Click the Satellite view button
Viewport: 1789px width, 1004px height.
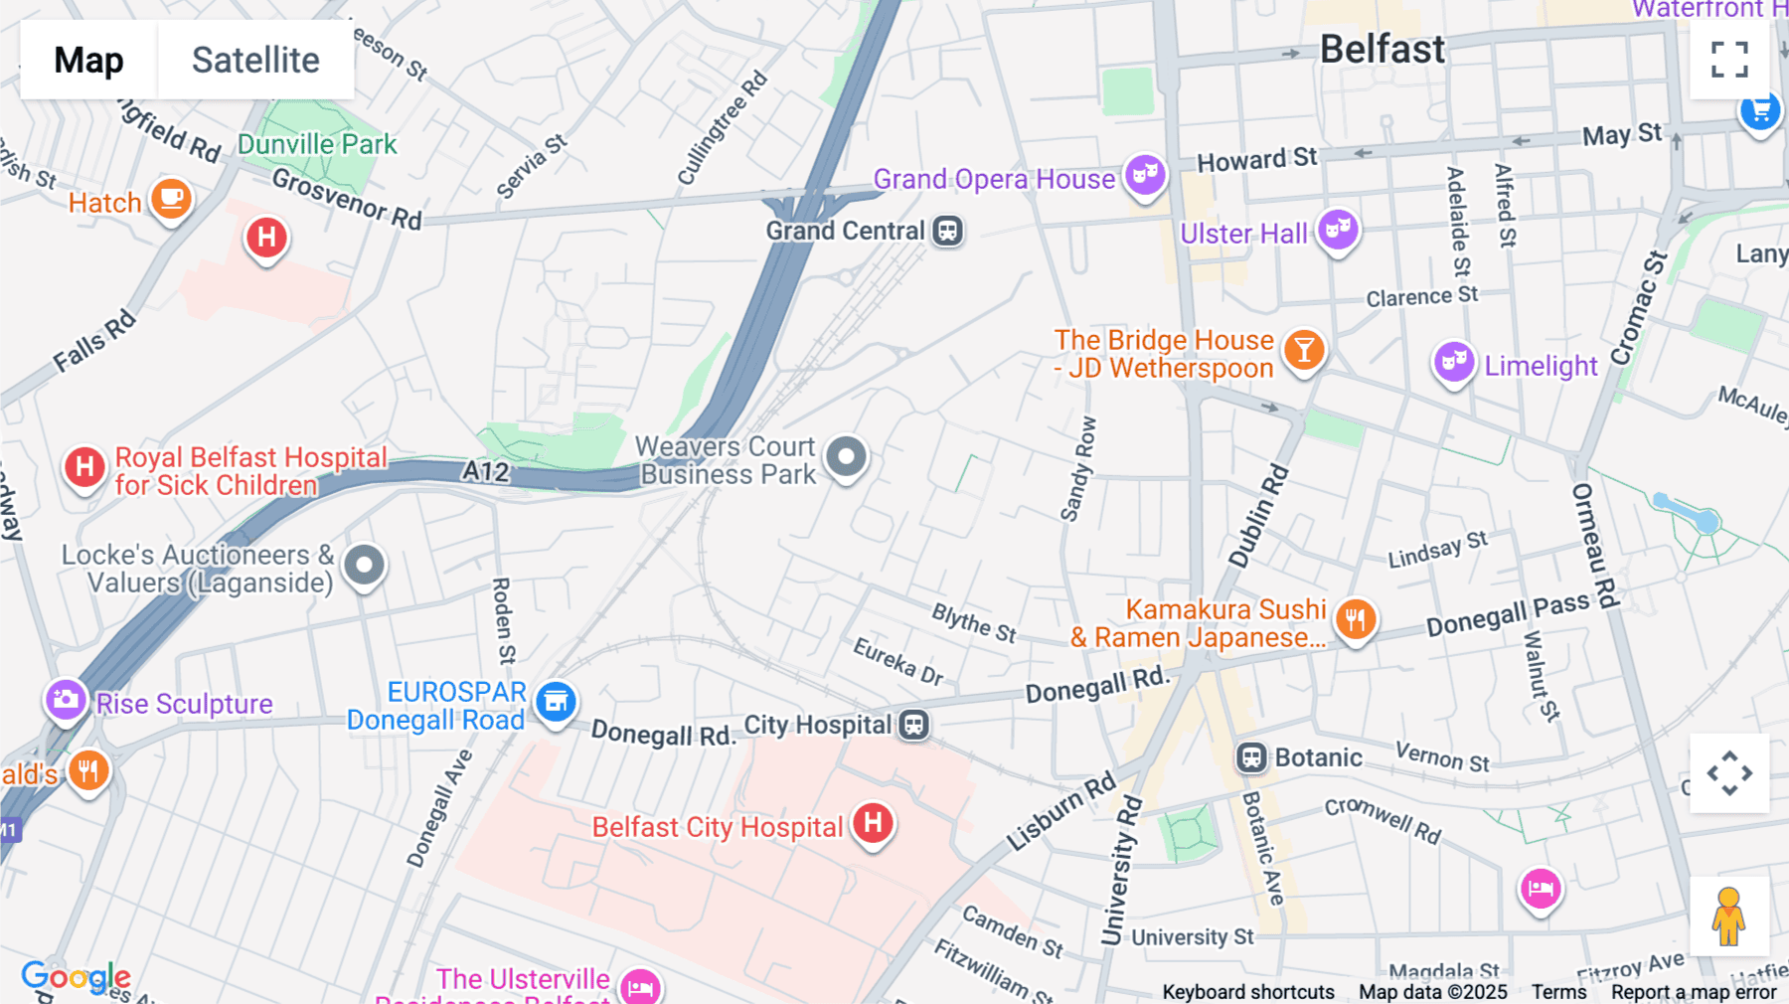255,60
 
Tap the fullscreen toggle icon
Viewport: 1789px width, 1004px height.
1729,60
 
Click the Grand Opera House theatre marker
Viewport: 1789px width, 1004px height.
1145,176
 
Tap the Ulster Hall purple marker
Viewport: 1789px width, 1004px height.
1338,231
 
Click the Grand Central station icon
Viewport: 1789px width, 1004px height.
947,231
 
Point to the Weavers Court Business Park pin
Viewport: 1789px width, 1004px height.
847,457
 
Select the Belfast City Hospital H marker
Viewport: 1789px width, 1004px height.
873,823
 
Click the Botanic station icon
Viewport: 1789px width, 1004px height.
1251,758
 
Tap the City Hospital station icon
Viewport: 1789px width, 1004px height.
913,725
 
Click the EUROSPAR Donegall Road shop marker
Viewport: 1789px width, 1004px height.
556,702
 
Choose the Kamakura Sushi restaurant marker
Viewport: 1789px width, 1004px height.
1356,619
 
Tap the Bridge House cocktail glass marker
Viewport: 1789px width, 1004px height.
1304,350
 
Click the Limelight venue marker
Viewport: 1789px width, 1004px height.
1453,362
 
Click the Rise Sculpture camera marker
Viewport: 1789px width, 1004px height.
66,700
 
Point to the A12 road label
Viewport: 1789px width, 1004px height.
485,471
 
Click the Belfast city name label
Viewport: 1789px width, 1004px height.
1382,49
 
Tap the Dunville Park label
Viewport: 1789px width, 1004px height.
316,145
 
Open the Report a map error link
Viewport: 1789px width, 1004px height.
1693,992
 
